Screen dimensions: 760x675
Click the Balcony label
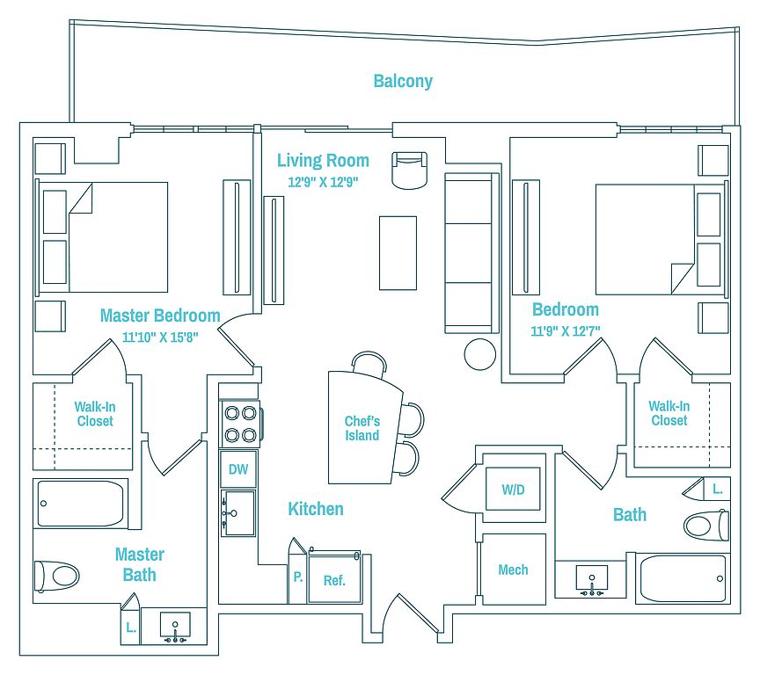click(403, 81)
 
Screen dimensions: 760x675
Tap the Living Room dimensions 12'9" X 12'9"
click(323, 182)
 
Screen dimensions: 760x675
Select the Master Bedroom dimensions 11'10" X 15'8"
click(160, 337)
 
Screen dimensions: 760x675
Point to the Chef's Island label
click(362, 428)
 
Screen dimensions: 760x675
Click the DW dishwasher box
click(238, 468)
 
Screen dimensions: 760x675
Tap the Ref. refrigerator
click(335, 579)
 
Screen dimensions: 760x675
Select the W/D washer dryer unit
click(513, 489)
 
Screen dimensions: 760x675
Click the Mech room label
click(513, 570)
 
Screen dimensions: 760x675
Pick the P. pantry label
click(298, 577)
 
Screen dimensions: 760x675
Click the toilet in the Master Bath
click(56, 577)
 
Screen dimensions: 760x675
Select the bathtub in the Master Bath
click(80, 504)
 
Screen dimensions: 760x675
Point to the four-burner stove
click(240, 424)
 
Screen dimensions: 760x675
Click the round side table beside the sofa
click(480, 354)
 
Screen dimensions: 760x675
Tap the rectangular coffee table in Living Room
click(398, 253)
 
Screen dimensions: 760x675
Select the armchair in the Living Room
click(410, 171)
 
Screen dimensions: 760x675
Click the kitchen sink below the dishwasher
click(237, 513)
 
